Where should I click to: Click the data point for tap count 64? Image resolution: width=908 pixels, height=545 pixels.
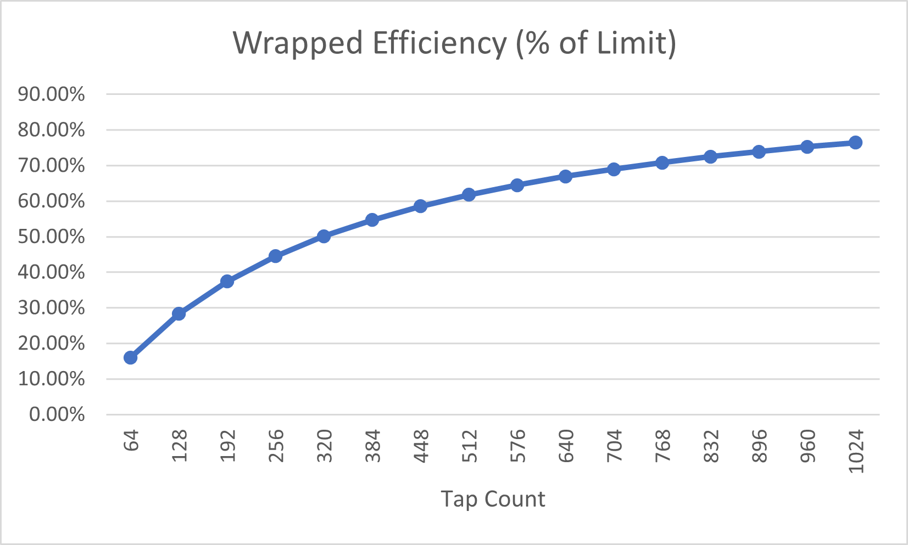[x=130, y=358]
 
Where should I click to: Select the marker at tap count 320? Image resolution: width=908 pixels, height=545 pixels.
[x=324, y=237]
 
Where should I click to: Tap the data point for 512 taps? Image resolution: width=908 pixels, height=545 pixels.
[x=469, y=195]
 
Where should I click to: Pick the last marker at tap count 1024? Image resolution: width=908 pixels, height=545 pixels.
[x=855, y=143]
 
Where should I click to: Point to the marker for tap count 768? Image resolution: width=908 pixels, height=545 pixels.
[x=662, y=163]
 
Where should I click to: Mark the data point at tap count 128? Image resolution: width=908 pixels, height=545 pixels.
[x=179, y=314]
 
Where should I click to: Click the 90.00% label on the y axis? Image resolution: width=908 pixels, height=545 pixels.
[x=52, y=94]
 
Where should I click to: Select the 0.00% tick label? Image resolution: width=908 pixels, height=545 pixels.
[x=57, y=414]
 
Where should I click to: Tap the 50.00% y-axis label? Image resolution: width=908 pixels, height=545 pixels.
[x=52, y=237]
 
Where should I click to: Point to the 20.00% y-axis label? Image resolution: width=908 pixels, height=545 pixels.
[x=52, y=344]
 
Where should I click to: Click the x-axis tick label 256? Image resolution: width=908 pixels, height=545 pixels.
[x=276, y=446]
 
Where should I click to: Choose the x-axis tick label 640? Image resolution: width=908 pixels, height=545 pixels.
[x=566, y=446]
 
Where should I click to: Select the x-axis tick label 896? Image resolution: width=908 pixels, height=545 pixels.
[x=759, y=446]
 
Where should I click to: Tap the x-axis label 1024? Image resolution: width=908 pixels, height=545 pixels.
[x=856, y=451]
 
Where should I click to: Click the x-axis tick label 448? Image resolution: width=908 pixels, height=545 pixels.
[x=421, y=446]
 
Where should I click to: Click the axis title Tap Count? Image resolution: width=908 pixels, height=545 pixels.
[x=493, y=499]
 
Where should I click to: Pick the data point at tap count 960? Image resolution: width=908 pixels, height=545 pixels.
[x=807, y=147]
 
